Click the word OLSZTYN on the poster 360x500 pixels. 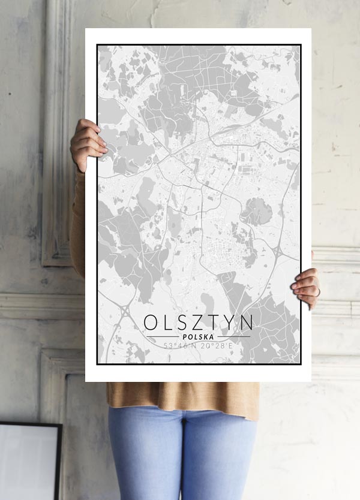(x=198, y=322)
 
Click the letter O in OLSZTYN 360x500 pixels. (x=151, y=322)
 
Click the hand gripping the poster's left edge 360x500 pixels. (x=88, y=144)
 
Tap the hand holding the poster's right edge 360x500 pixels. (x=307, y=287)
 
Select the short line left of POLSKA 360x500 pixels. (x=163, y=337)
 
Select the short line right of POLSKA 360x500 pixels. (x=234, y=337)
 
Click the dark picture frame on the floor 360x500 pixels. (x=30, y=462)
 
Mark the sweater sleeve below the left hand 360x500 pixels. (x=77, y=222)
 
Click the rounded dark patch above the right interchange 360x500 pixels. (x=257, y=211)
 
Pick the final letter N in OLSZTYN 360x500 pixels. (x=247, y=322)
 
